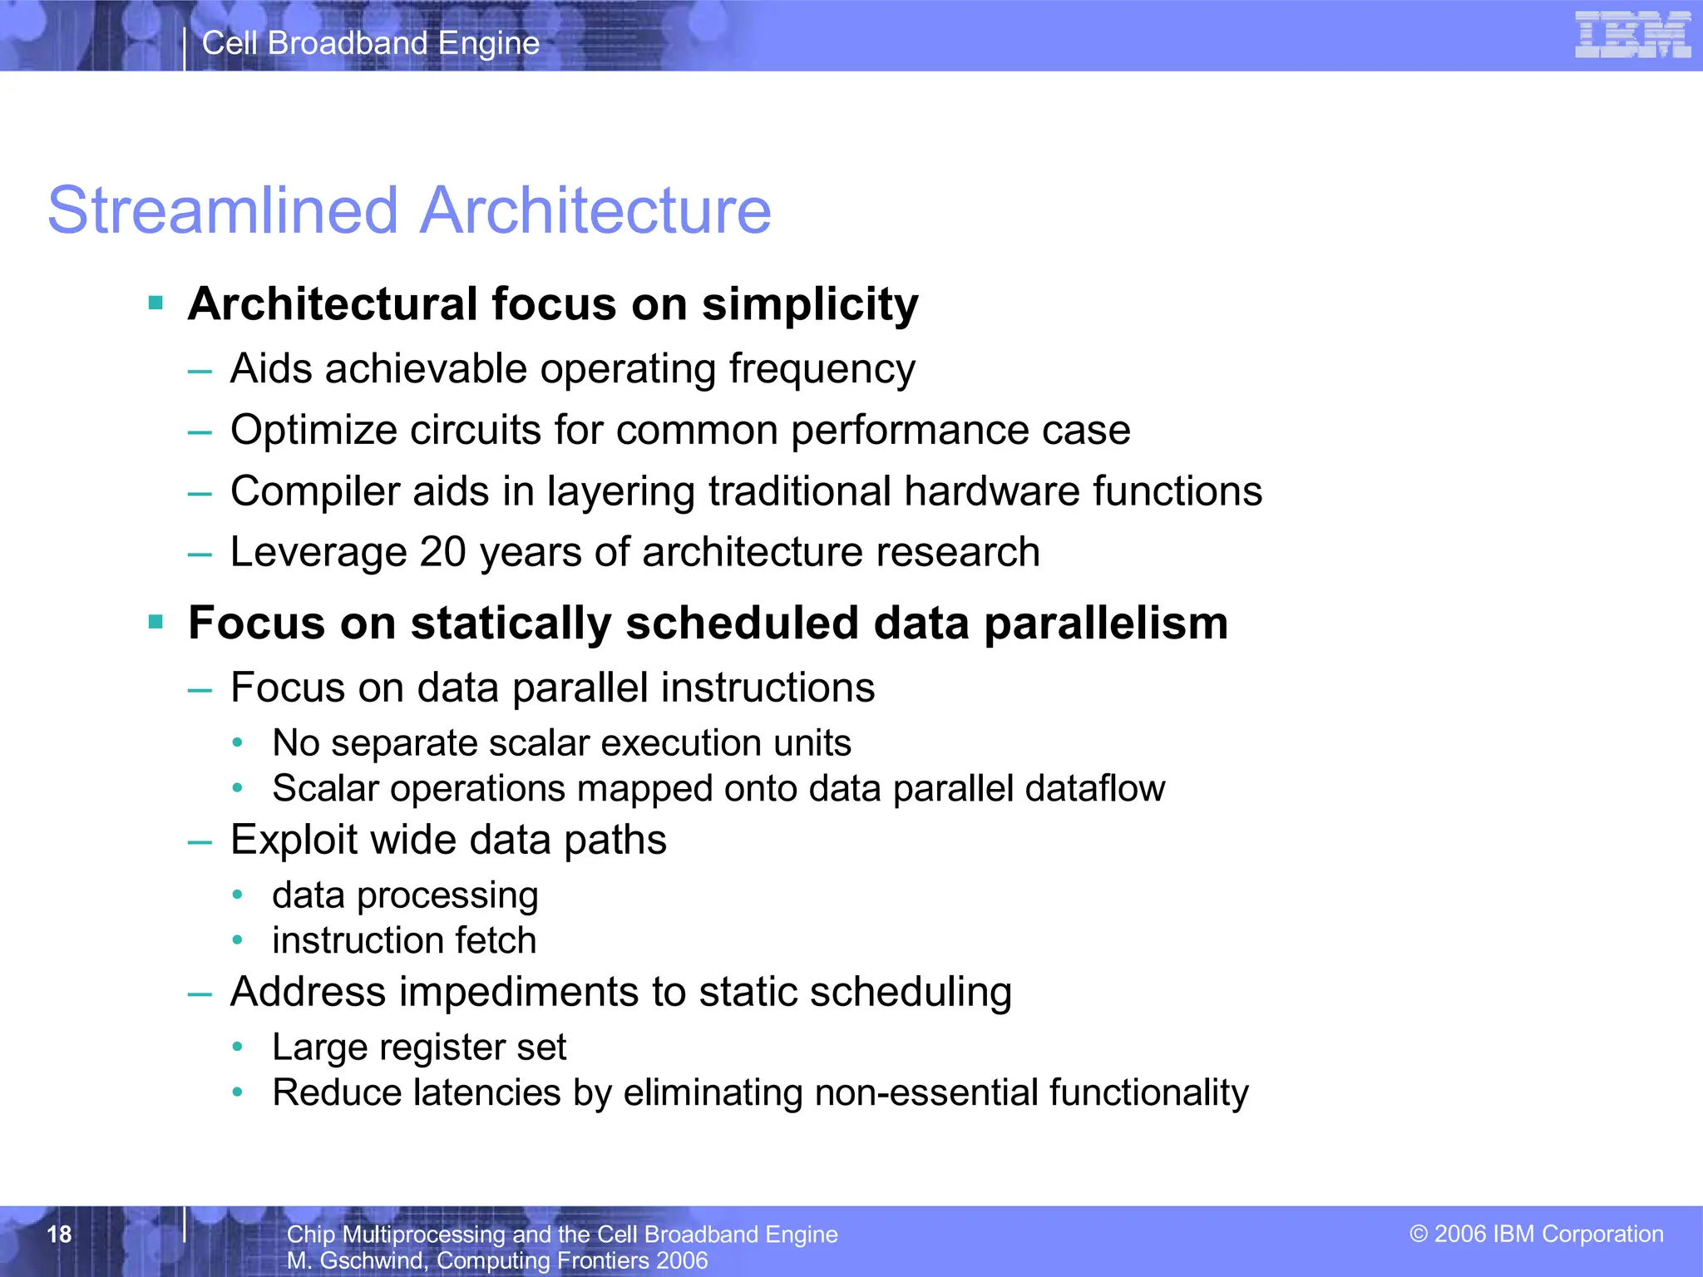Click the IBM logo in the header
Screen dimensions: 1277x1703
pos(1631,35)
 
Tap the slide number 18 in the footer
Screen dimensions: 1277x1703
pos(59,1234)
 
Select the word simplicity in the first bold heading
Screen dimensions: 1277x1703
pos(810,304)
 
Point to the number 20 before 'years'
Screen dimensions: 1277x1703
pos(442,552)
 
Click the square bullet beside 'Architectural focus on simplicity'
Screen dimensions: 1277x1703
pos(155,302)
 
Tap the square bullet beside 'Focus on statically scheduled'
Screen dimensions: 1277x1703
pos(155,621)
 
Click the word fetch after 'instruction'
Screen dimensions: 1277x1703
pos(496,940)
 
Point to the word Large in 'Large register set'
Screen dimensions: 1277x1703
pos(319,1048)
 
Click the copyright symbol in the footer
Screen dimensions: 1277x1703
pos(1418,1234)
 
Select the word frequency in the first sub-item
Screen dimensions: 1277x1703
pos(822,369)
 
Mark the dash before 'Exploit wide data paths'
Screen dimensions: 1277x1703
pos(200,841)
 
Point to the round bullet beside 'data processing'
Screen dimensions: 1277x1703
pos(238,895)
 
